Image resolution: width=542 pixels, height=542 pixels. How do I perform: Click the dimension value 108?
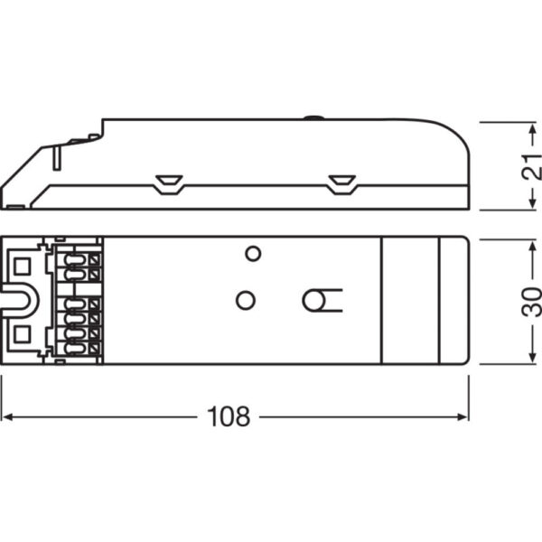[x=229, y=416]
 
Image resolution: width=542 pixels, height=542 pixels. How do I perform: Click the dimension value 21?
[x=532, y=165]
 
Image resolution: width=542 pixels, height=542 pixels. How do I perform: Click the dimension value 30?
[x=532, y=301]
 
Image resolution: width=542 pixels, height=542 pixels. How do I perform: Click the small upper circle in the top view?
[x=254, y=253]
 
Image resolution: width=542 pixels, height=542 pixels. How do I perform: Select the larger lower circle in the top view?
[x=245, y=300]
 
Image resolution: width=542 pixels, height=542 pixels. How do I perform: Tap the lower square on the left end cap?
[x=23, y=336]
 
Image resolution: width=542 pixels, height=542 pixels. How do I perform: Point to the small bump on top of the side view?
[x=313, y=117]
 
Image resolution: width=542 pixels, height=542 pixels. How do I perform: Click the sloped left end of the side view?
[x=27, y=172]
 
